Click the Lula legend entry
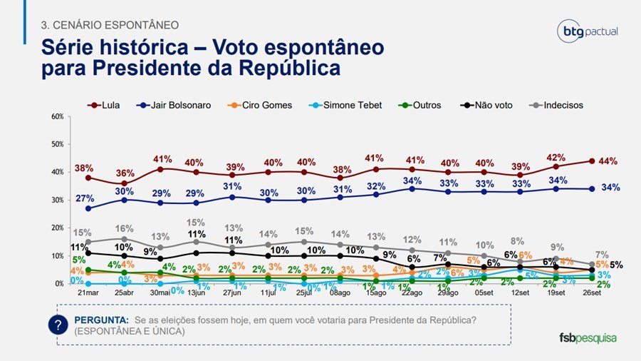click(x=103, y=105)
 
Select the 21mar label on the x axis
click(x=88, y=293)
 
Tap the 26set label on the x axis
click(x=591, y=293)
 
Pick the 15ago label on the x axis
click(x=375, y=293)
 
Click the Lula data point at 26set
click(x=591, y=161)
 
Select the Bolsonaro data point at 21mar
click(x=88, y=208)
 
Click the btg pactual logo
click(x=588, y=32)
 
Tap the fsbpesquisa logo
click(x=588, y=337)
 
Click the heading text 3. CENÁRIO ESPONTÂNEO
click(x=110, y=25)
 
